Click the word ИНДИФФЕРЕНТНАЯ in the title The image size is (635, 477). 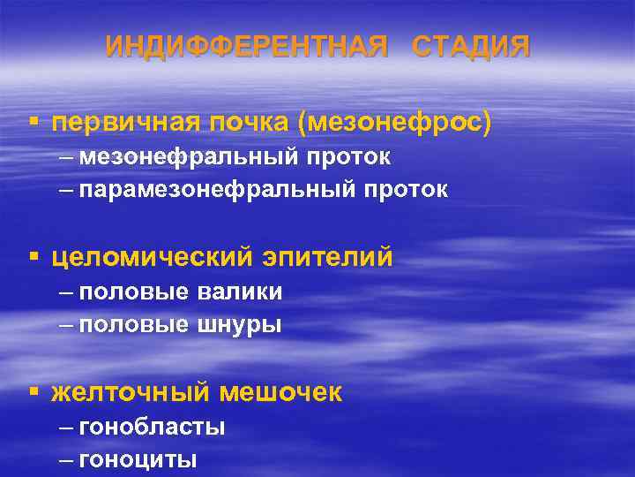coord(246,46)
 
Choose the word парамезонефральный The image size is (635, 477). coord(204,189)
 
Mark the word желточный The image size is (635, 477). coord(131,392)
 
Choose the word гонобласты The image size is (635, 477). coord(152,428)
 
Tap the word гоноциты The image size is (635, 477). coord(138,459)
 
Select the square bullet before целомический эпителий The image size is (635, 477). coord(33,257)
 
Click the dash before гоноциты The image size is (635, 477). coord(69,459)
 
